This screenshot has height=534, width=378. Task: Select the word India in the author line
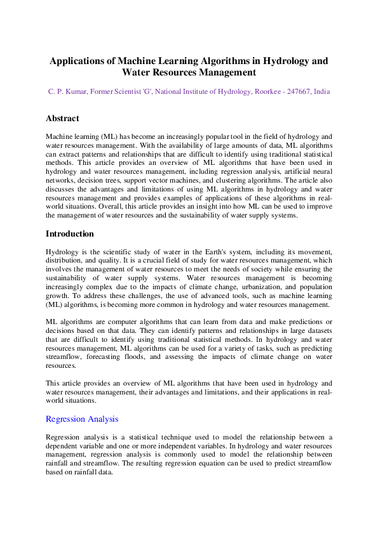pyautogui.click(x=321, y=92)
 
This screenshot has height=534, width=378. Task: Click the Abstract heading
pyautogui.click(x=62, y=119)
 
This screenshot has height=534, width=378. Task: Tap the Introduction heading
pyautogui.click(x=70, y=234)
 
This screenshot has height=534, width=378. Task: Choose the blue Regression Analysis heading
pyautogui.click(x=82, y=419)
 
